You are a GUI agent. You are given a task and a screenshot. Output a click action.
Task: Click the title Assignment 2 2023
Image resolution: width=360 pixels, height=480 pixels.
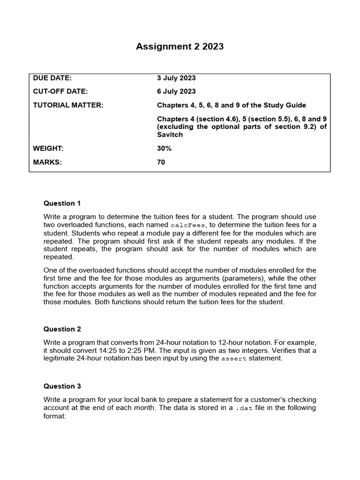(x=180, y=46)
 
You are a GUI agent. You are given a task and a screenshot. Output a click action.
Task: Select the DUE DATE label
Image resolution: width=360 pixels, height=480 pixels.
(x=52, y=78)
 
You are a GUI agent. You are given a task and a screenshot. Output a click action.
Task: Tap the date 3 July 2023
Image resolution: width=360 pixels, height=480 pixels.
(x=176, y=78)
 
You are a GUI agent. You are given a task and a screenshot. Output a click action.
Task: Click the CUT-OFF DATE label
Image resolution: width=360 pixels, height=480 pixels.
(x=60, y=91)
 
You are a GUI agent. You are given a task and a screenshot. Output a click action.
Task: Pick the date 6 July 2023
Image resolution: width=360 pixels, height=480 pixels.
(x=176, y=91)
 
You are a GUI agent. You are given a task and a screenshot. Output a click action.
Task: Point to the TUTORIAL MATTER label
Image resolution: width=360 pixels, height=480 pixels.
(x=68, y=105)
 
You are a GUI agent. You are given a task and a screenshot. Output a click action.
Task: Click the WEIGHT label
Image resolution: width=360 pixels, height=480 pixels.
(x=48, y=149)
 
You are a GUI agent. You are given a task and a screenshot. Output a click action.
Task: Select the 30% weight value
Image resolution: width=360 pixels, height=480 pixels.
(x=165, y=149)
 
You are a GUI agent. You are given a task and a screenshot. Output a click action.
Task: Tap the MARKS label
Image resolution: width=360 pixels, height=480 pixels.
(x=47, y=162)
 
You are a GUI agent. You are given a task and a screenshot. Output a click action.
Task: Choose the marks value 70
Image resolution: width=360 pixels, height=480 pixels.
(x=161, y=162)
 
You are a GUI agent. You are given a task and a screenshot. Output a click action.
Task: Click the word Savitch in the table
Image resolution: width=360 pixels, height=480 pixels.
(x=170, y=135)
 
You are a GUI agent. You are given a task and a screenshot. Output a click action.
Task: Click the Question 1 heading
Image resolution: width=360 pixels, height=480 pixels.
(x=62, y=203)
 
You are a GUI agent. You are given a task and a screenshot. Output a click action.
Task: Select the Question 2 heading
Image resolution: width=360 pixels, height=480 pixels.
(x=62, y=329)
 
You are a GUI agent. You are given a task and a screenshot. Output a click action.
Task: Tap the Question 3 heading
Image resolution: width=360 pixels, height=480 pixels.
(x=62, y=386)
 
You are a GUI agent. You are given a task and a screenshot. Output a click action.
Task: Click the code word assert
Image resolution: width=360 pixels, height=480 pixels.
(x=233, y=359)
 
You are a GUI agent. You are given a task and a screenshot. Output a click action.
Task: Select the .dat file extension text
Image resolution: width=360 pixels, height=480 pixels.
(x=243, y=408)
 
